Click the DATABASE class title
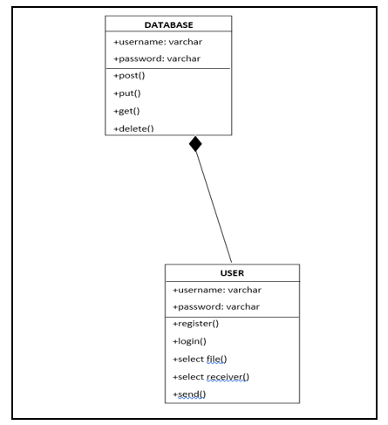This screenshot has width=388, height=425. (168, 25)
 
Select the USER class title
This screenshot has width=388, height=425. (232, 273)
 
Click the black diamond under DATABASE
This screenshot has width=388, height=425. (195, 144)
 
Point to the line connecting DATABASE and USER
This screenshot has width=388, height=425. (214, 207)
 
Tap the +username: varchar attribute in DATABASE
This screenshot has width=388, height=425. (158, 42)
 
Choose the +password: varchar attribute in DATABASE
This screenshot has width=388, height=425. (157, 58)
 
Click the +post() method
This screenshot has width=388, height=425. (129, 76)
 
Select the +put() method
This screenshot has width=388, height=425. (127, 93)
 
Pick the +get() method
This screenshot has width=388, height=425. (126, 111)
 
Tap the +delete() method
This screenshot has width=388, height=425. (133, 128)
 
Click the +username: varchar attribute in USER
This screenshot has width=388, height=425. (217, 290)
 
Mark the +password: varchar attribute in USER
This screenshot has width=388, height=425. (216, 307)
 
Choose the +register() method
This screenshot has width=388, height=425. (195, 324)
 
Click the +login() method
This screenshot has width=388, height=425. (189, 341)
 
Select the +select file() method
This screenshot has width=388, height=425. (200, 360)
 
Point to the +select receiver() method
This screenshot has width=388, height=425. (211, 377)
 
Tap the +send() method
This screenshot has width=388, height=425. (189, 394)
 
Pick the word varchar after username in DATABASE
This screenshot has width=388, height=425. (186, 42)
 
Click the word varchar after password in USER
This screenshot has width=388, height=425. (243, 307)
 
